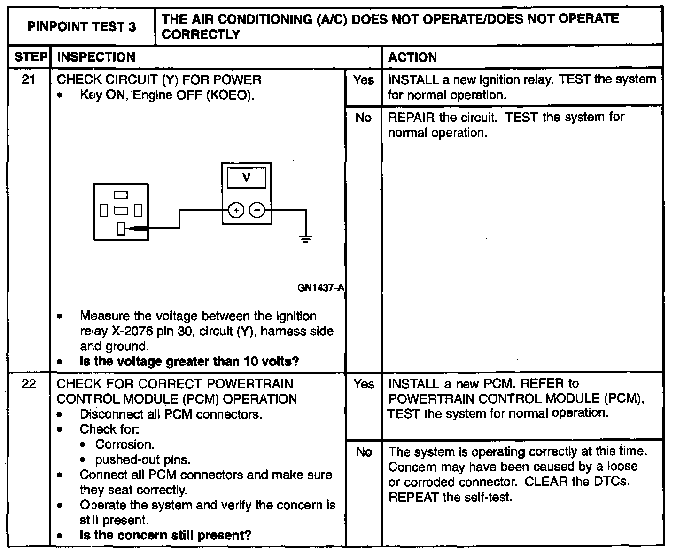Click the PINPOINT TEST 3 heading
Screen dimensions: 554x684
[82, 26]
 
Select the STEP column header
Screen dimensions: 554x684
[29, 57]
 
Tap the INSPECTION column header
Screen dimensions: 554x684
[96, 57]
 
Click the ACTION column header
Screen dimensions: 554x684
[412, 57]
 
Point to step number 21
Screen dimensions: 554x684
[29, 80]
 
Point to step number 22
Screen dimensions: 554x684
[29, 384]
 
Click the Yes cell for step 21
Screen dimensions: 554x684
[364, 80]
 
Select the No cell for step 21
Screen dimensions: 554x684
[364, 118]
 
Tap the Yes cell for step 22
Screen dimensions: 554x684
[364, 384]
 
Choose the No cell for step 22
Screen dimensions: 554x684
[364, 452]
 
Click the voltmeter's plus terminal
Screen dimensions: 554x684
[236, 211]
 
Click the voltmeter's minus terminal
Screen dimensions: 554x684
[257, 211]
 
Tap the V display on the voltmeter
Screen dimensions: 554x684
[247, 178]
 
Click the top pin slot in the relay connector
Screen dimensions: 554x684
[121, 194]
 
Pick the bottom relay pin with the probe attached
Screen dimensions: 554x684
[121, 229]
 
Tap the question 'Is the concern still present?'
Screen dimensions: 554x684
[165, 535]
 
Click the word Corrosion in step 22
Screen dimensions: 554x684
[124, 444]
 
